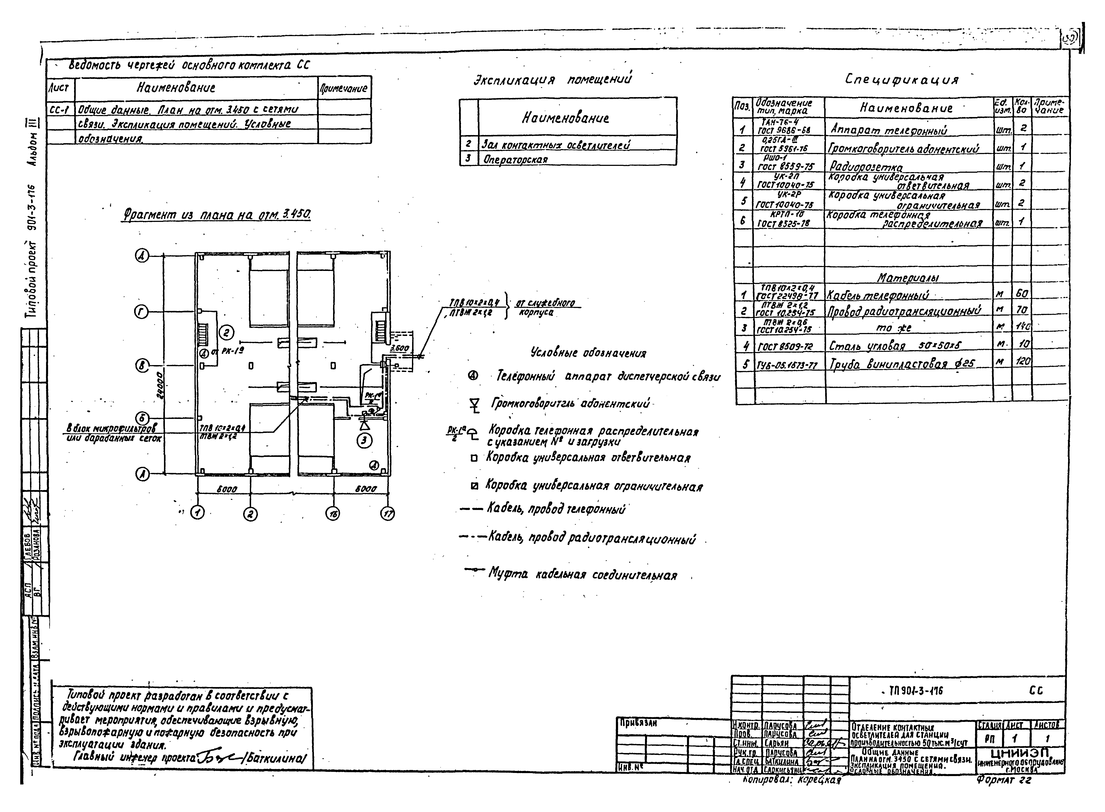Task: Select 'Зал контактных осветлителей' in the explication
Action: [555, 145]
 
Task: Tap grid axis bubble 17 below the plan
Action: [388, 514]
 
